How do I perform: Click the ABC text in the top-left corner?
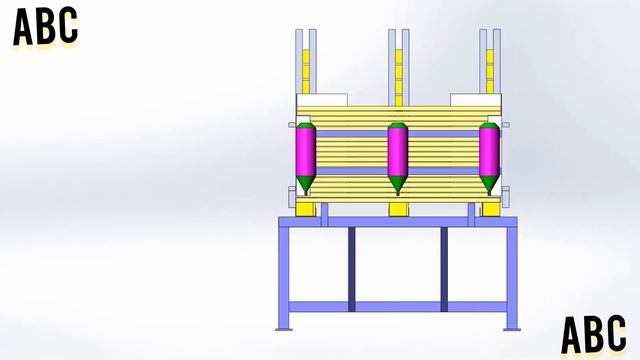45,27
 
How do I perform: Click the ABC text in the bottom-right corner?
593,334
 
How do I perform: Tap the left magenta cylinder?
306,151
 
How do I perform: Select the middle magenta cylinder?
398,151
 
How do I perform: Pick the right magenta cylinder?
489,151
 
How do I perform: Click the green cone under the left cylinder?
306,185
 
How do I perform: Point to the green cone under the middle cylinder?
398,185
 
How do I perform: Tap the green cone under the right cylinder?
489,185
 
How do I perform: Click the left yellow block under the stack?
305,209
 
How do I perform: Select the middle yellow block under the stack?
398,209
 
